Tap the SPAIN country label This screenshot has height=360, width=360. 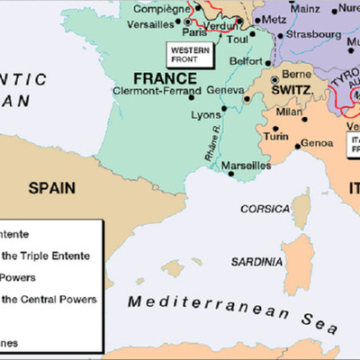pos(51,188)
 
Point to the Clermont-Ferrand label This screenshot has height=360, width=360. pos(150,91)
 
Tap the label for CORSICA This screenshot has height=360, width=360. pos(264,208)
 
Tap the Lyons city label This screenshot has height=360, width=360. pos(207,115)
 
